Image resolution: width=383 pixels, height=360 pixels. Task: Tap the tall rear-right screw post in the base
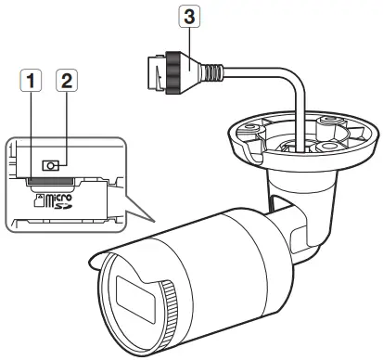click(x=329, y=125)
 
